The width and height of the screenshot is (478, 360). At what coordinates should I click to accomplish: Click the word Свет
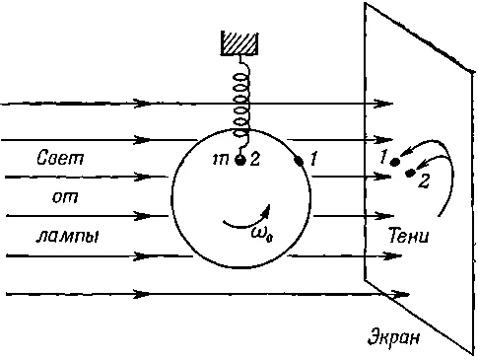pos(60,158)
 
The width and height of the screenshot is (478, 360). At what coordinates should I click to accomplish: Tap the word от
pos(65,197)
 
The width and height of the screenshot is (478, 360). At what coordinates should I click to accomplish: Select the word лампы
pos(68,237)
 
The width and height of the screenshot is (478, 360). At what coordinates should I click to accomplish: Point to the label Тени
pos(409,236)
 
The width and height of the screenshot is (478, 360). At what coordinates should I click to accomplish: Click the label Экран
pos(393,337)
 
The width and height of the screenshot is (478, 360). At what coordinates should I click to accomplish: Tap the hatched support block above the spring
pos(239,42)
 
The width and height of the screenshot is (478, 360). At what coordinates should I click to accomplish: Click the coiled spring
pos(241,106)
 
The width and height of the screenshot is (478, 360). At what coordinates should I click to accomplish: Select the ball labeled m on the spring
pos(240,160)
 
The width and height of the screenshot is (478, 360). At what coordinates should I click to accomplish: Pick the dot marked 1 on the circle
pos(299,161)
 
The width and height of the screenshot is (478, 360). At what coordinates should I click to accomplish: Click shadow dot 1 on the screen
pos(394,162)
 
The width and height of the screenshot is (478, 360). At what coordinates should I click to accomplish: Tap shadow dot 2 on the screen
pos(410,173)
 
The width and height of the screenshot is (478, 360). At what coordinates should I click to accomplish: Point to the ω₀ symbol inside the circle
pos(262,234)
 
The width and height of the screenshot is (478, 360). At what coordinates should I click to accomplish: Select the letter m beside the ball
pos(221,160)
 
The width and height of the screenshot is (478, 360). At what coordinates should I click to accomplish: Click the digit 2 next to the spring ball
pos(255,159)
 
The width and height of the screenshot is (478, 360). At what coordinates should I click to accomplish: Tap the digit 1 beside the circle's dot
pos(313,159)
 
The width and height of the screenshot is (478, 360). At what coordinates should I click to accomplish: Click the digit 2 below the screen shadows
pos(424,181)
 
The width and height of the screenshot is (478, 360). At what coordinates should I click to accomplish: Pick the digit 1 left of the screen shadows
pos(383,157)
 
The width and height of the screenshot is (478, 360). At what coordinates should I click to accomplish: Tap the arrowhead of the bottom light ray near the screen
pos(399,294)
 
